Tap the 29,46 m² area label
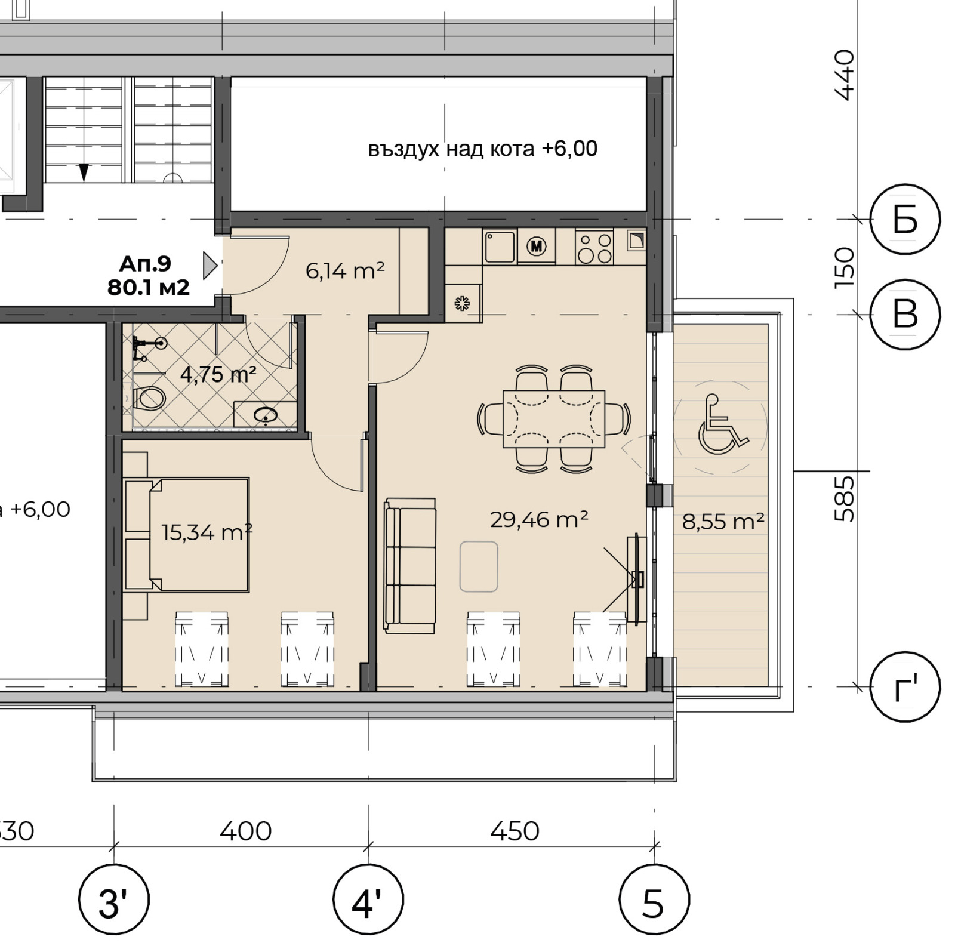pyautogui.click(x=539, y=519)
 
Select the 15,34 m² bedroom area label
pyautogui.click(x=207, y=532)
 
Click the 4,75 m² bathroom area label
pyautogui.click(x=218, y=374)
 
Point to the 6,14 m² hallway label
pyautogui.click(x=345, y=270)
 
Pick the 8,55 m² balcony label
pyautogui.click(x=723, y=522)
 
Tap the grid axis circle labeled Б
pyautogui.click(x=905, y=219)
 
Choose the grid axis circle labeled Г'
pyautogui.click(x=905, y=686)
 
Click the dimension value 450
pyautogui.click(x=515, y=831)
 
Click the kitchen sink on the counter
pyautogui.click(x=500, y=247)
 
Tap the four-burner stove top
pyautogui.click(x=594, y=247)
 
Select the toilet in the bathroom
pyautogui.click(x=149, y=398)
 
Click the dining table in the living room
pyautogui.click(x=554, y=419)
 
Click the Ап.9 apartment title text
pyautogui.click(x=145, y=263)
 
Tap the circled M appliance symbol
pyautogui.click(x=537, y=246)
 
